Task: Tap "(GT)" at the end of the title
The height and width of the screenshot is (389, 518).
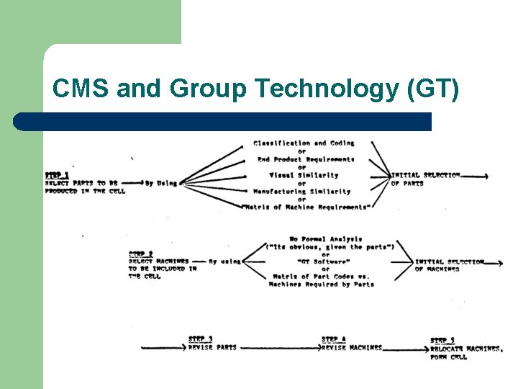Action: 432,89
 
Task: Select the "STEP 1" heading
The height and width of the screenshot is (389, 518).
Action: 58,175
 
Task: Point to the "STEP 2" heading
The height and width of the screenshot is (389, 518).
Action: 141,254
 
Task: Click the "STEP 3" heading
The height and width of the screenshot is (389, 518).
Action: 201,339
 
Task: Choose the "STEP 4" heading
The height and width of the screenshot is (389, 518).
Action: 334,339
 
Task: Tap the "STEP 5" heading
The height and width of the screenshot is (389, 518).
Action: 442,340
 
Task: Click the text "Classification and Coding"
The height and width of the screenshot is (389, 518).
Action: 304,143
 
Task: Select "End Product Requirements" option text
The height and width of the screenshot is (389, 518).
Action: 306,159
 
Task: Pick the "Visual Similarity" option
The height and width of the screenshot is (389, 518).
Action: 304,175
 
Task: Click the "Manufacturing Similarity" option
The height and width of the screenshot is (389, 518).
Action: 302,191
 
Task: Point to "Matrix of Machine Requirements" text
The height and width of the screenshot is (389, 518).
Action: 307,207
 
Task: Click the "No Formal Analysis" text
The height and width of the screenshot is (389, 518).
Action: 326,238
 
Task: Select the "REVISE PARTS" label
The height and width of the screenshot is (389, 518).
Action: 212,348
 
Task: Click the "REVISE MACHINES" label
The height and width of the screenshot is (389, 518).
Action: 352,348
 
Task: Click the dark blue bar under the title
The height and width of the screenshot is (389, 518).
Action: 223,121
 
